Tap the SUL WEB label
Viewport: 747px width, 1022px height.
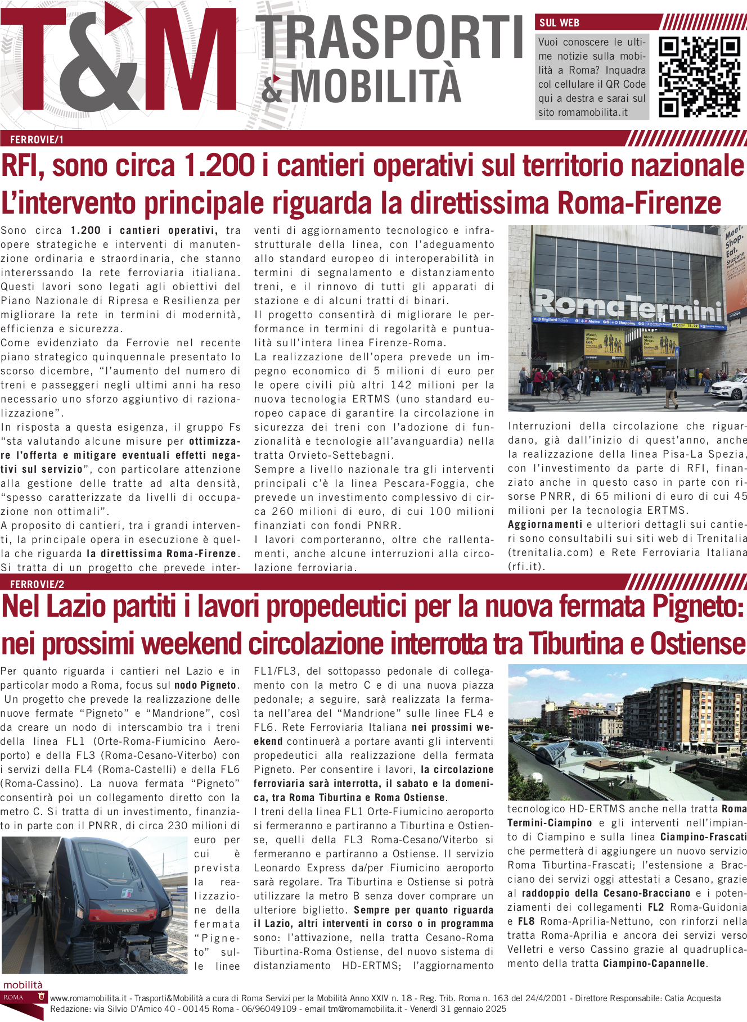tap(559, 23)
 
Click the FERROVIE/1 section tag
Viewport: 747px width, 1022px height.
tap(37, 140)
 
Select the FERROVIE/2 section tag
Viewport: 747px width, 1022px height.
tap(37, 584)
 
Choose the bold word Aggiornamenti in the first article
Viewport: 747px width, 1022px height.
tap(545, 524)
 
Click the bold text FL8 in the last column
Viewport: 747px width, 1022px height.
tap(525, 921)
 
